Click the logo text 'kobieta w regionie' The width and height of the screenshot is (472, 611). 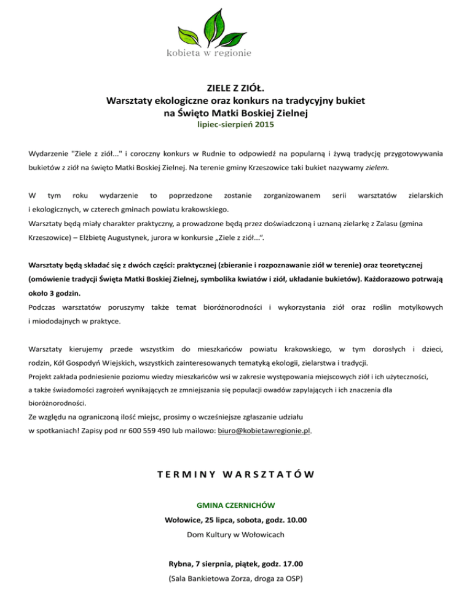pos(209,53)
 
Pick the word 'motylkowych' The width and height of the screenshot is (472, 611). pos(420,306)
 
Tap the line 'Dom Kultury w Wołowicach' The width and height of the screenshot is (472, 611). pos(235,535)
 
